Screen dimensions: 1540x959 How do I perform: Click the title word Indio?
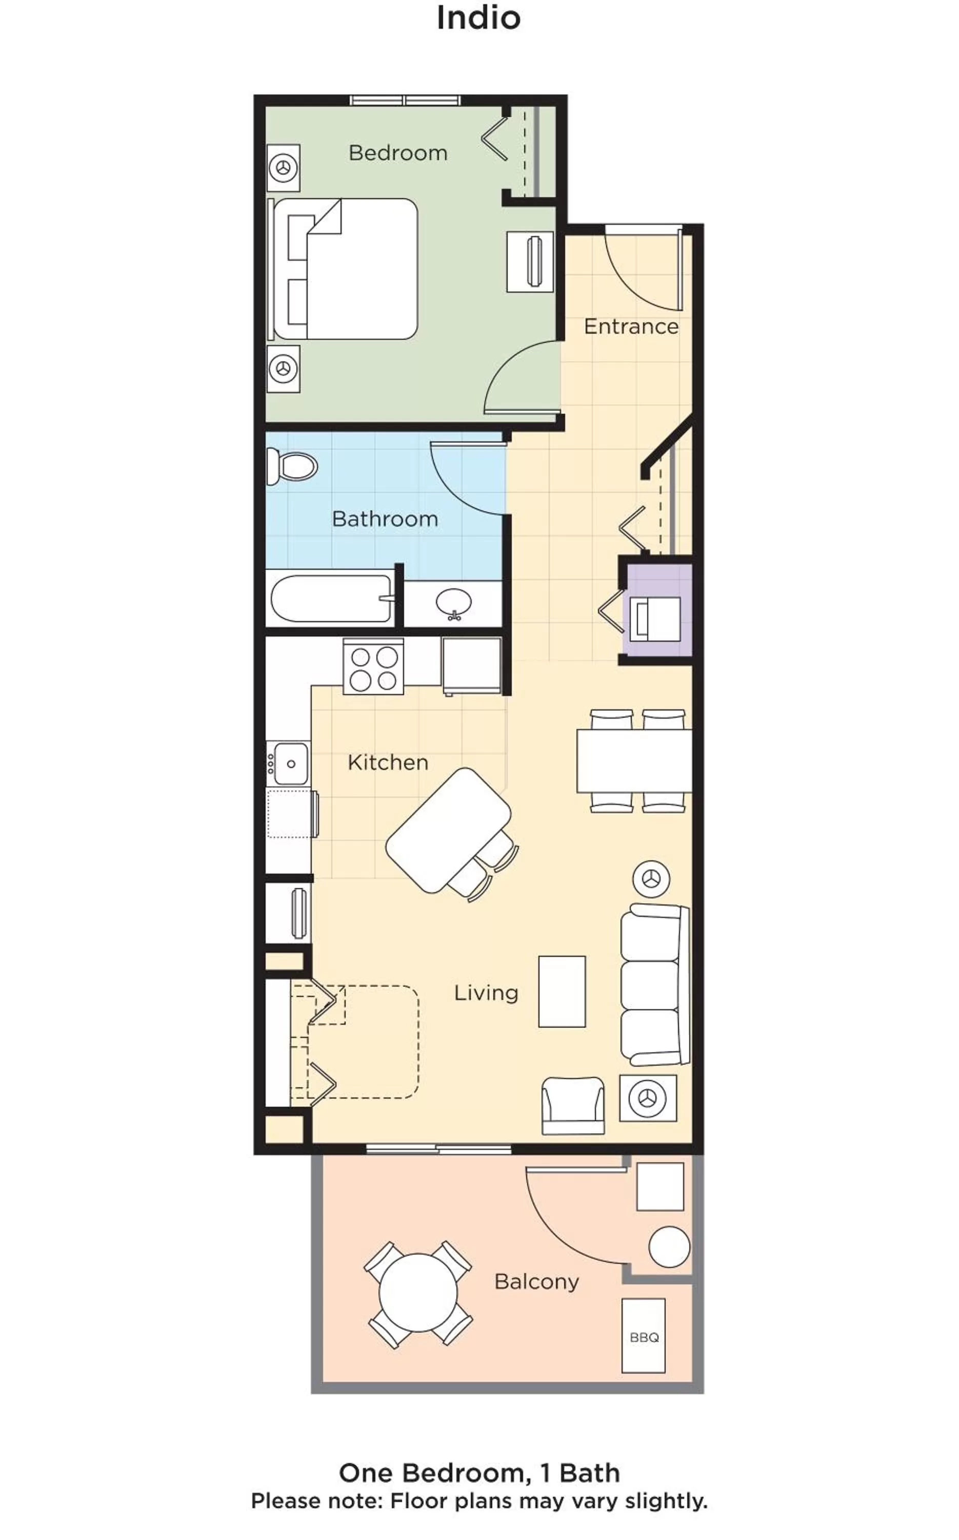(x=478, y=18)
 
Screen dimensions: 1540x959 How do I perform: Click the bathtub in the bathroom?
(x=331, y=599)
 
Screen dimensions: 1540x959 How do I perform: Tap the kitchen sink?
(x=289, y=763)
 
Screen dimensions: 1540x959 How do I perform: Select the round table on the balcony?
(x=418, y=1293)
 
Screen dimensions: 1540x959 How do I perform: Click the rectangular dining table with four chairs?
(x=634, y=761)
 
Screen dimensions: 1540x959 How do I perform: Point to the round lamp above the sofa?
(x=651, y=880)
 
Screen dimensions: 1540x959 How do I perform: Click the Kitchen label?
(x=388, y=762)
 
